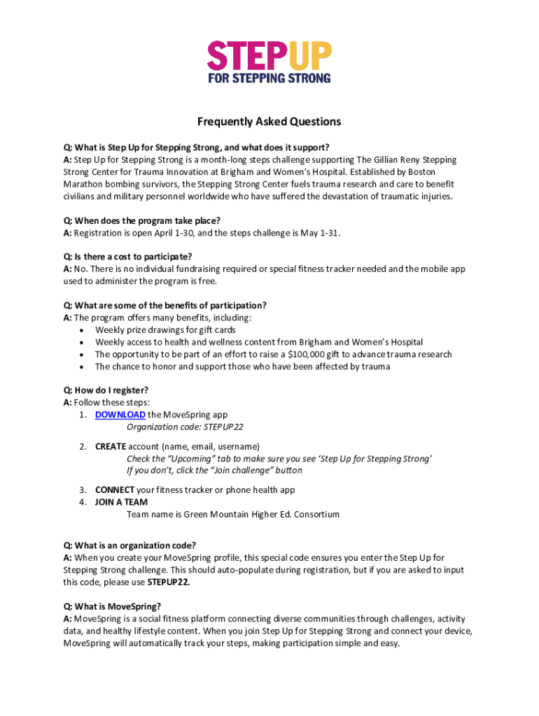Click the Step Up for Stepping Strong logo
tap(269, 62)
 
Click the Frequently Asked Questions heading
tap(269, 122)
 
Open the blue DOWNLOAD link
tap(120, 415)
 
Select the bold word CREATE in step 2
tap(111, 446)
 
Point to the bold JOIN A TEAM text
tap(121, 502)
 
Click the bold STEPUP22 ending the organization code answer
tap(169, 582)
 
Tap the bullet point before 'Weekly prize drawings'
tap(83, 330)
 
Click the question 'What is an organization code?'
tap(129, 545)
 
